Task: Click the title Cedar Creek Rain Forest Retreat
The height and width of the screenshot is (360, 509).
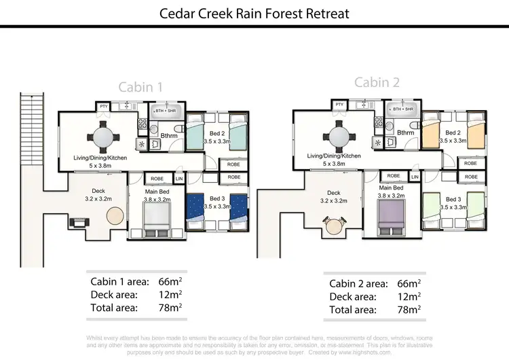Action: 254,13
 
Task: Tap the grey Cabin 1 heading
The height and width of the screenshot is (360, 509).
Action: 140,87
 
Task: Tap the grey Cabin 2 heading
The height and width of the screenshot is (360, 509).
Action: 377,83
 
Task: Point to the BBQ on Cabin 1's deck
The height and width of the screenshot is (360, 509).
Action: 77,222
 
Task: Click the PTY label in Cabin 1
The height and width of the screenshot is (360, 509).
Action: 104,107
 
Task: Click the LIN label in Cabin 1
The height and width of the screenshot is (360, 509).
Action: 179,179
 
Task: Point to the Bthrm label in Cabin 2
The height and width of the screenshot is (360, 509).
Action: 406,133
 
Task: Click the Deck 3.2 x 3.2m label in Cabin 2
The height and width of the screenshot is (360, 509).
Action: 333,197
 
